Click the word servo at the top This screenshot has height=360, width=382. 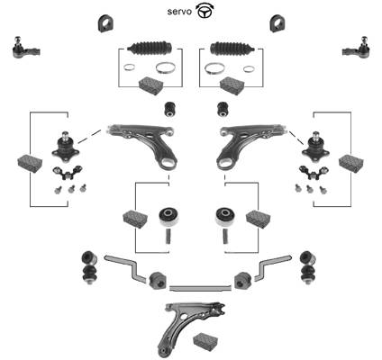pyautogui.click(x=179, y=12)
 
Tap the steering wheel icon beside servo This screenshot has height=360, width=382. pyautogui.click(x=205, y=11)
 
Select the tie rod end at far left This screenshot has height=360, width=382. pyautogui.click(x=26, y=48)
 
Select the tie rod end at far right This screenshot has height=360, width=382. pyautogui.click(x=357, y=48)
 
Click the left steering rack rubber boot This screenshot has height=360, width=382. pyautogui.click(x=150, y=49)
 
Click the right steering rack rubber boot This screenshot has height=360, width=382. pyautogui.click(x=232, y=49)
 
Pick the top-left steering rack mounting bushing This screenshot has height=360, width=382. pyautogui.click(x=105, y=23)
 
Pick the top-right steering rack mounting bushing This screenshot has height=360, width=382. pyautogui.click(x=277, y=23)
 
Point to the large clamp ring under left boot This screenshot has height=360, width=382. pyautogui.click(x=165, y=68)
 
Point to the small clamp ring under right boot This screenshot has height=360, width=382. pyautogui.click(x=249, y=69)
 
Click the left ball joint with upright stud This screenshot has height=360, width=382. pyautogui.click(x=65, y=146)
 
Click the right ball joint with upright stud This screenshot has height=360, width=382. pyautogui.click(x=315, y=146)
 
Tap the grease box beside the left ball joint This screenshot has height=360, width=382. pyautogui.click(x=30, y=163)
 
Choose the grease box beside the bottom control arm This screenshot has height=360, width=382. pyautogui.click(x=205, y=341)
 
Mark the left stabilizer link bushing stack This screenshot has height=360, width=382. pyautogui.click(x=88, y=267)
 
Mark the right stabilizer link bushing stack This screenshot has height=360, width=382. pyautogui.click(x=308, y=267)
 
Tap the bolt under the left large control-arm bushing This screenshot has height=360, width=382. pyautogui.click(x=168, y=236)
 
